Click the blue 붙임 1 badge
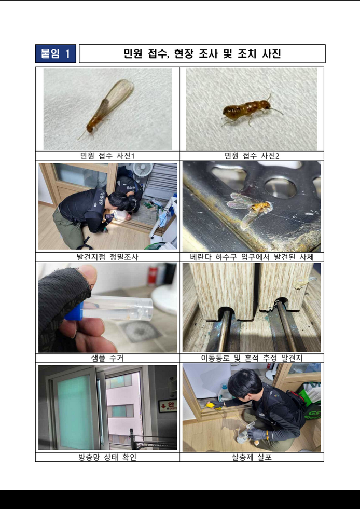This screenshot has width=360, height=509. [x=56, y=53]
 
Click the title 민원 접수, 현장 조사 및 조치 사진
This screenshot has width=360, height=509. [x=202, y=53]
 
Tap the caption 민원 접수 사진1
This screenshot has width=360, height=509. [x=107, y=156]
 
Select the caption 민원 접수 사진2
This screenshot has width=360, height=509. [x=252, y=156]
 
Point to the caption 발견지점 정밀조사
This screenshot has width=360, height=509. [x=107, y=257]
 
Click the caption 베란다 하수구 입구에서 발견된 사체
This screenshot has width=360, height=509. [x=252, y=257]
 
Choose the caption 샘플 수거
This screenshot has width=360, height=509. [x=107, y=358]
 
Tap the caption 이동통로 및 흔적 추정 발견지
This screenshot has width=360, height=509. [x=252, y=358]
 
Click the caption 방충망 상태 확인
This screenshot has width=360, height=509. [x=107, y=458]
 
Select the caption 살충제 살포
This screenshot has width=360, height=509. [x=252, y=458]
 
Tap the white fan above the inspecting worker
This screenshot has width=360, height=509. [x=143, y=169]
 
